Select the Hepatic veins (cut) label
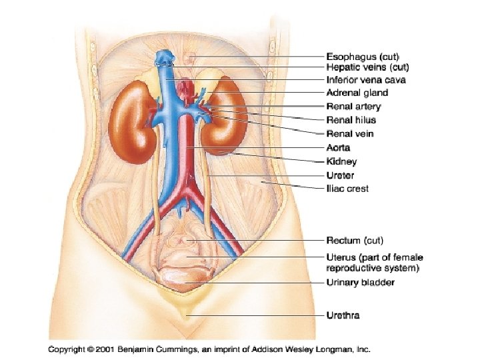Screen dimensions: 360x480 tap(367, 67)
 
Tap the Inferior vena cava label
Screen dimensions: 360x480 tap(366, 80)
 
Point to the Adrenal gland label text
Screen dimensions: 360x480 tap(357, 93)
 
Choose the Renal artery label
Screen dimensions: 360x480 tap(353, 107)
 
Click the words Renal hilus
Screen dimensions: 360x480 tap(351, 120)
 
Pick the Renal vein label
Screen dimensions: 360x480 tap(349, 134)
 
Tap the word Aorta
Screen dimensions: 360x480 tap(338, 148)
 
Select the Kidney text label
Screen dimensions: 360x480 tap(341, 161)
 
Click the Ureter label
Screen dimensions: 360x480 tap(340, 175)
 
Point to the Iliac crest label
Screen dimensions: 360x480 tap(347, 189)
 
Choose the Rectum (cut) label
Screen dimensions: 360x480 tap(355, 240)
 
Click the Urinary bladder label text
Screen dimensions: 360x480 tap(360, 283)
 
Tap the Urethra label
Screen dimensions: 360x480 tap(343, 315)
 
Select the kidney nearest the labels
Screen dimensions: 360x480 tap(222, 120)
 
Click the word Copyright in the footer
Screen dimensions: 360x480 tap(67, 349)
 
